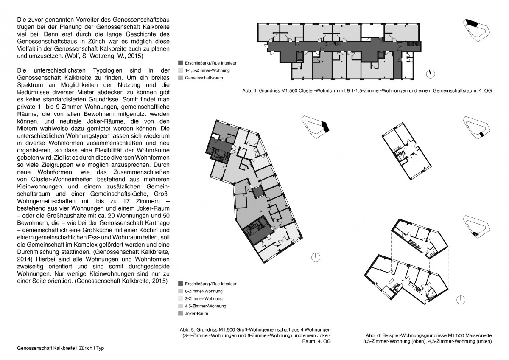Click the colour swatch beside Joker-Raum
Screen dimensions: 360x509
coord(181,314)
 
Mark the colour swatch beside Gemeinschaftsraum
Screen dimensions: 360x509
coord(181,78)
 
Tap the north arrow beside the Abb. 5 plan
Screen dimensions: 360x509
coord(316,257)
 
